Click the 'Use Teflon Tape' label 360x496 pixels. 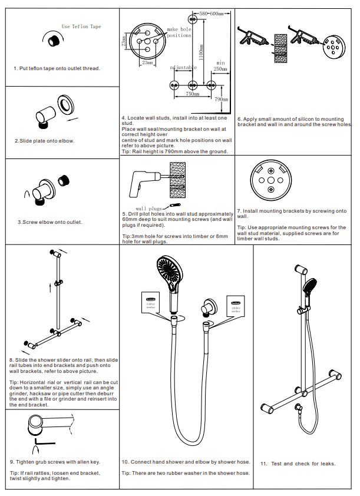pos(81,27)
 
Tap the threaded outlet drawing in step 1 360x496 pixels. pos(54,41)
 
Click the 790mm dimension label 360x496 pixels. pos(222,100)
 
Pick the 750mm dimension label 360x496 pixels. pos(192,94)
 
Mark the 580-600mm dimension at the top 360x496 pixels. pos(212,13)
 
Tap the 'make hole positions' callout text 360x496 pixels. pos(179,32)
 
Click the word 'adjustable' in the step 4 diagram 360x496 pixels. pos(183,68)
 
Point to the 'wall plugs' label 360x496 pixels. pos(148,208)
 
